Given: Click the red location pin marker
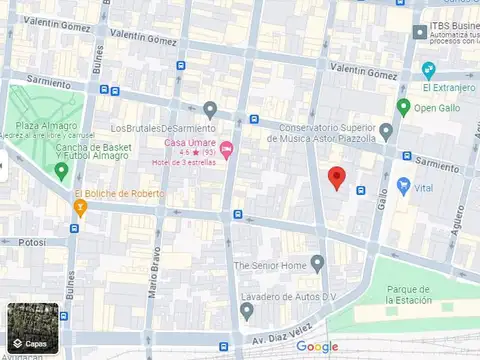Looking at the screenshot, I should coord(337,178).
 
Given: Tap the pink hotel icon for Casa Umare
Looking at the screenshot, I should coord(227,151).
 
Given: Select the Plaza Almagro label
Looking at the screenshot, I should coord(40,126).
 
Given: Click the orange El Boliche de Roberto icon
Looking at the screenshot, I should coord(81,207).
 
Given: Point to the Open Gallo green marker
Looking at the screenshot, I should coord(403,108).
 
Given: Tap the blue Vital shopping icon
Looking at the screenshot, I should coord(404,186).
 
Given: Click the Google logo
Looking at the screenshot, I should coord(317,346).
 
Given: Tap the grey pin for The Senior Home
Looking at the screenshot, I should coord(317,264).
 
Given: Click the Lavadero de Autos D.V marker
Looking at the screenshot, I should coord(246,311).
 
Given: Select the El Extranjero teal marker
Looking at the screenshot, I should coord(428,70).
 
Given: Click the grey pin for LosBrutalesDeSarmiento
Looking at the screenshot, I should coord(209,110).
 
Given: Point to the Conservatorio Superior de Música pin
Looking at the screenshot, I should coord(386,132).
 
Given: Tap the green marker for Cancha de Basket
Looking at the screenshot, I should coord(61,171).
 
